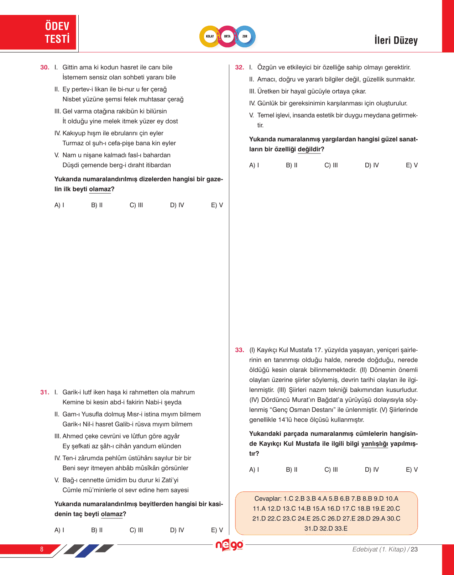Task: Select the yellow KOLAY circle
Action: click(210, 36)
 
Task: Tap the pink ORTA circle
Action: click(227, 36)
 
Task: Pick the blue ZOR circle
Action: click(245, 36)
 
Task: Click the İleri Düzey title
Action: click(396, 40)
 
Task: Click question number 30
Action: click(45, 67)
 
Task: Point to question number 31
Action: click(45, 392)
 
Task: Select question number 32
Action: click(240, 67)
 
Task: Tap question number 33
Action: click(240, 350)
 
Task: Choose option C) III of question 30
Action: click(136, 205)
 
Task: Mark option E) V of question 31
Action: click(217, 530)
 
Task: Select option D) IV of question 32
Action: click(372, 165)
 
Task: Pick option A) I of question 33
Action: click(254, 470)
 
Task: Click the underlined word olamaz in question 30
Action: click(100, 189)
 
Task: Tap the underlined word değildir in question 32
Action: click(309, 149)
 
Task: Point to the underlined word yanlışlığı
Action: click(375, 444)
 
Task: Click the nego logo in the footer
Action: click(229, 545)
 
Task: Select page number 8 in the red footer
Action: click(42, 549)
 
